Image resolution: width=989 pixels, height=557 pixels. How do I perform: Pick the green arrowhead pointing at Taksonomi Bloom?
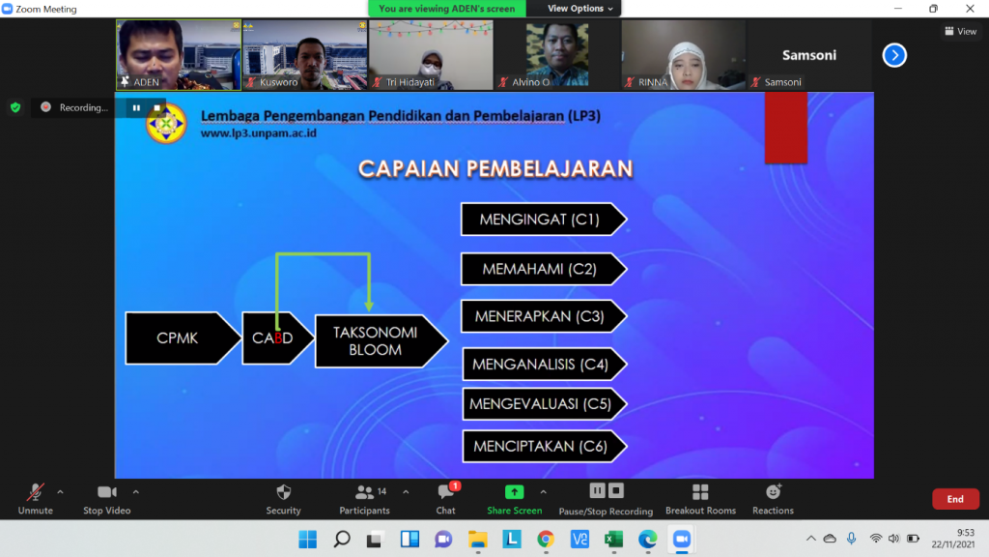pyautogui.click(x=369, y=306)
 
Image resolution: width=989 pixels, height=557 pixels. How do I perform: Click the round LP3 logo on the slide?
pyautogui.click(x=166, y=124)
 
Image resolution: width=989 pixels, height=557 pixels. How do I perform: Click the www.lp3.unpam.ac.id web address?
pyautogui.click(x=259, y=133)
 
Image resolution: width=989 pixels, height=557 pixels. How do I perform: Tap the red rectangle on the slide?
pyautogui.click(x=786, y=129)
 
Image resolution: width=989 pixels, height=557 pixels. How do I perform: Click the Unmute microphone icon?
pyautogui.click(x=36, y=492)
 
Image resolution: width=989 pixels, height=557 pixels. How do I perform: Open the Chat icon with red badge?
pyautogui.click(x=446, y=491)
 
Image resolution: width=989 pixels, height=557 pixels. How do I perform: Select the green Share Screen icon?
pyautogui.click(x=514, y=491)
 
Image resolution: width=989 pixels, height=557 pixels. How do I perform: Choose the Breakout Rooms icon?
pyautogui.click(x=700, y=492)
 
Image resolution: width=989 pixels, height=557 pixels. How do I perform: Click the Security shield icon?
pyautogui.click(x=284, y=492)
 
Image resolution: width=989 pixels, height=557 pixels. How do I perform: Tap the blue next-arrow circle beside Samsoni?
pyautogui.click(x=894, y=55)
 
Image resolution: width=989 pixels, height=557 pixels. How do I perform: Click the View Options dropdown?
pyautogui.click(x=579, y=8)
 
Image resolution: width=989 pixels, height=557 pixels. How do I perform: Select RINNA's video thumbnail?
pyautogui.click(x=683, y=55)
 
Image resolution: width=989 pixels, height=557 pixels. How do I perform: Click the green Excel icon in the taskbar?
pyautogui.click(x=613, y=539)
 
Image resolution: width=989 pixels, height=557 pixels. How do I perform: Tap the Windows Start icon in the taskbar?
pyautogui.click(x=308, y=539)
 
